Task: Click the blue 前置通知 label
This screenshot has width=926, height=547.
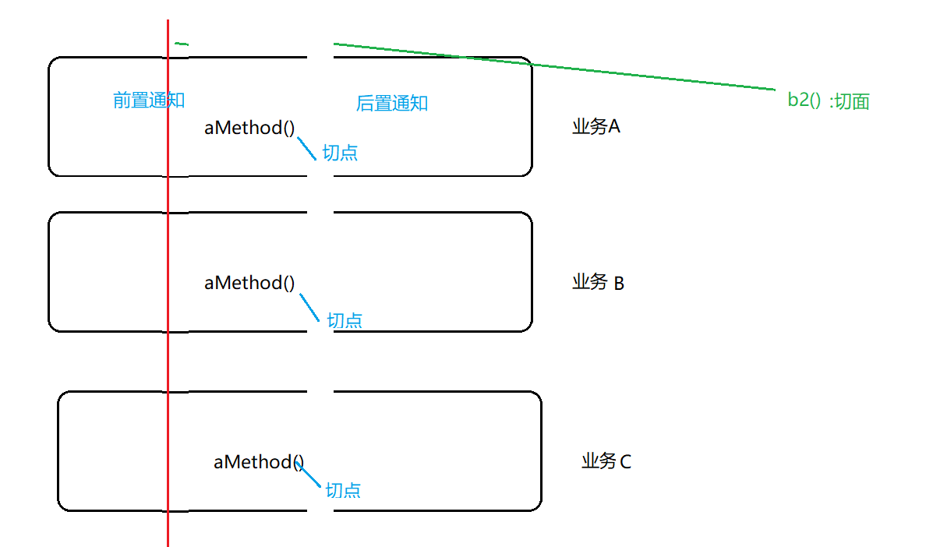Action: [x=148, y=101]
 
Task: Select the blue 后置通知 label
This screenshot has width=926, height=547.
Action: [x=391, y=104]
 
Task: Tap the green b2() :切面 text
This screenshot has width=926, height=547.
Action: [x=828, y=101]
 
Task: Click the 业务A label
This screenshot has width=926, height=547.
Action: [x=596, y=127]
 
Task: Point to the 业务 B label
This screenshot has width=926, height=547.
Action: [x=598, y=282]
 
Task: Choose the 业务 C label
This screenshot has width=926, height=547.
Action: [x=606, y=461]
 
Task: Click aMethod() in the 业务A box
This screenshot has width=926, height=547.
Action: [x=249, y=128]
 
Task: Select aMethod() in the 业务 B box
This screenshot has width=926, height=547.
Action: [x=249, y=283]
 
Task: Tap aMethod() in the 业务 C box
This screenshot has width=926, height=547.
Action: [x=258, y=462]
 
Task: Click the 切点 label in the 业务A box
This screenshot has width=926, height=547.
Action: [x=340, y=153]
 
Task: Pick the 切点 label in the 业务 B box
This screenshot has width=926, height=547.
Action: [x=344, y=320]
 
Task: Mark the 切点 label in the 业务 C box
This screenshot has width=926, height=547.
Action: [x=343, y=490]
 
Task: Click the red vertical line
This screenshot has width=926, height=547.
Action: [x=168, y=351]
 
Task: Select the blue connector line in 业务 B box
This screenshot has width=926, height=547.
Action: [x=309, y=307]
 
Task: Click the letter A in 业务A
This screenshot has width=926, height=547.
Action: [x=613, y=127]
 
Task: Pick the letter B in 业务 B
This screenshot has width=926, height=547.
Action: [x=619, y=283]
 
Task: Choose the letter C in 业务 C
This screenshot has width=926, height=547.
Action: [x=625, y=462]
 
